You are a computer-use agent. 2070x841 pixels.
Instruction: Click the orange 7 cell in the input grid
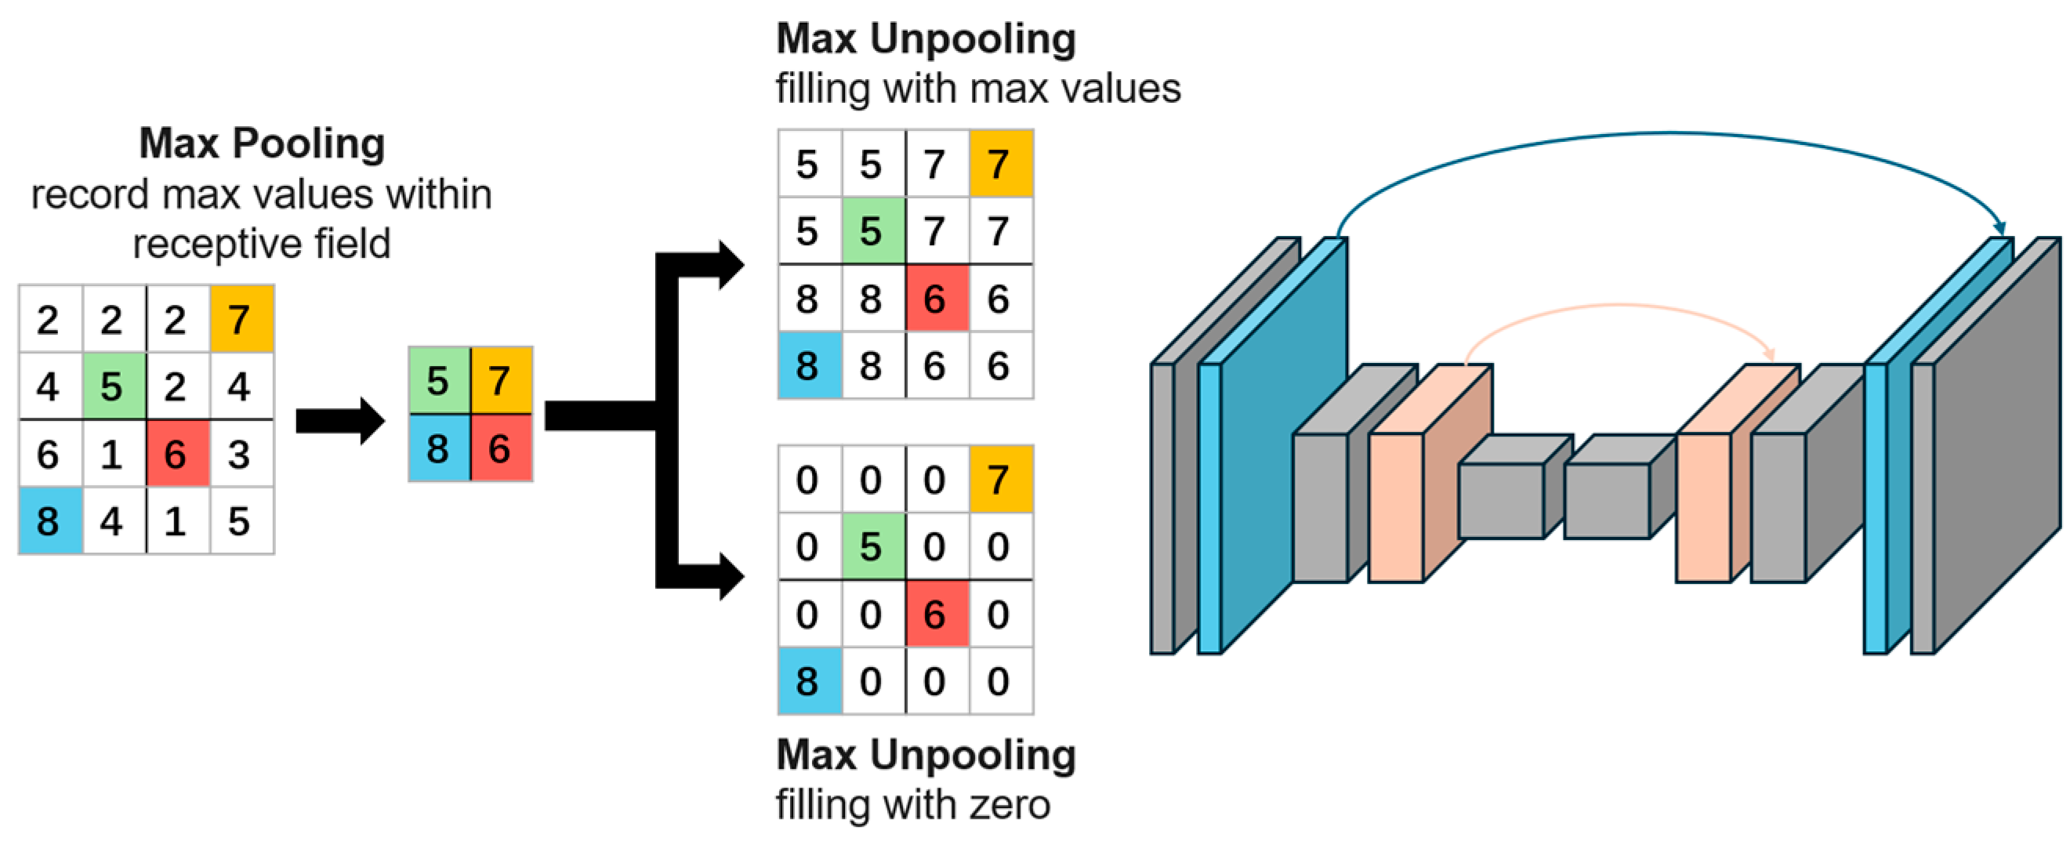(x=241, y=319)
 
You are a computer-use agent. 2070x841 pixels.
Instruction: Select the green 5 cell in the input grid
(x=114, y=386)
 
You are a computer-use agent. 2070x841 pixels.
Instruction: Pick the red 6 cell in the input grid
(x=177, y=454)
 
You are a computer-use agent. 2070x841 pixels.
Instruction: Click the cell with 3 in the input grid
(x=240, y=454)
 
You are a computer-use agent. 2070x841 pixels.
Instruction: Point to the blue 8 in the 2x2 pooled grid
(x=439, y=448)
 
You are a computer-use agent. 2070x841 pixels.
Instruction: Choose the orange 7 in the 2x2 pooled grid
(x=501, y=380)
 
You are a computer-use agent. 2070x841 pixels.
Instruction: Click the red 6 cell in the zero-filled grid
(x=935, y=614)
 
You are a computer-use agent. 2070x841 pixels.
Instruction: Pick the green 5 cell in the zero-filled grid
(x=872, y=547)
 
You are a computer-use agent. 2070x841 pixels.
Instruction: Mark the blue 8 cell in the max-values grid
(x=808, y=365)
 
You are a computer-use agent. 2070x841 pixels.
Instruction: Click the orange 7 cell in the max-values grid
(x=999, y=164)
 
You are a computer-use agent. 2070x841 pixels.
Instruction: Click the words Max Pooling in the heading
(x=262, y=143)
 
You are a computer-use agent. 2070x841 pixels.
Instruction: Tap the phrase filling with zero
(x=912, y=804)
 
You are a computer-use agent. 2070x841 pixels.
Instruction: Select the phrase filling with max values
(x=977, y=89)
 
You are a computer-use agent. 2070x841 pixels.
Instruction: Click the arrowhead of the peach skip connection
(x=1769, y=354)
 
